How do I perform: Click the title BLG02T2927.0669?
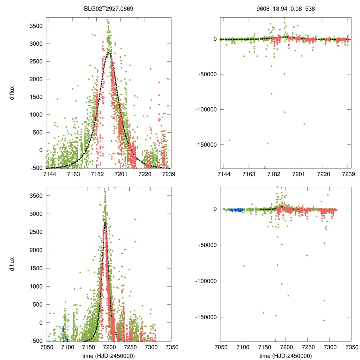[108, 7]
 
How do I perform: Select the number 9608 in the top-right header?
[263, 7]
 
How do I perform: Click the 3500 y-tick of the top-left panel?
[36, 26]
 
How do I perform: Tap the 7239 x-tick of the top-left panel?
[168, 174]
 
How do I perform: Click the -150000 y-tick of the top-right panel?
[206, 144]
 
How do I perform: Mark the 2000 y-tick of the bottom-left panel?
[36, 250]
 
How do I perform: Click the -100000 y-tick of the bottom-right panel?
[206, 281]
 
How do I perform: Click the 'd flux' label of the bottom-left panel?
[12, 264]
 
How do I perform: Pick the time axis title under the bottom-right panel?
[285, 355]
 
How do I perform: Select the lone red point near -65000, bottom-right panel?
[307, 255]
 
